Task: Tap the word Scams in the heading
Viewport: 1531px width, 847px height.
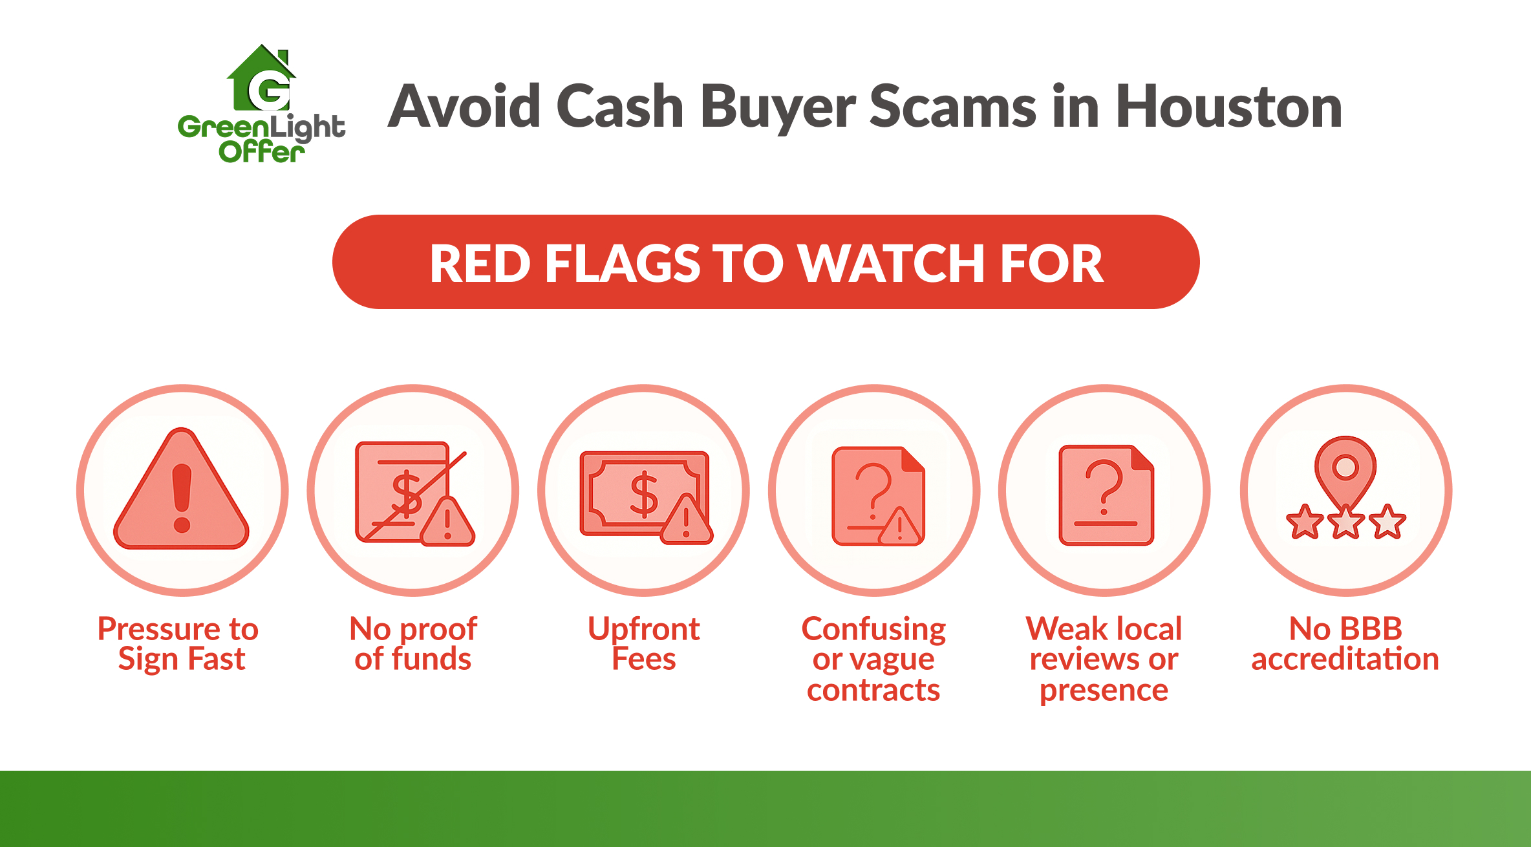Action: coord(953,107)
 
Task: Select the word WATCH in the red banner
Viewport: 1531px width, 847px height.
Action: coord(892,263)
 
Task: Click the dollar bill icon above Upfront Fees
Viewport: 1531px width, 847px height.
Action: coord(644,495)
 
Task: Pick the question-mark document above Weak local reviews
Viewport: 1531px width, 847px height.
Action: coord(1106,495)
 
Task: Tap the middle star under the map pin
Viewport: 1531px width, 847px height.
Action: coord(1345,522)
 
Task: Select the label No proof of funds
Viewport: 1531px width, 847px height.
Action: coord(413,643)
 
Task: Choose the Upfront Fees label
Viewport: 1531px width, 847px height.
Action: coord(644,643)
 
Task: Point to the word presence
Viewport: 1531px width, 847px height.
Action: coord(1104,691)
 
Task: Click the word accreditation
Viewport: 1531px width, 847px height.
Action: coord(1345,659)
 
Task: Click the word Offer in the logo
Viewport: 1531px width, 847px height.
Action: coord(261,153)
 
